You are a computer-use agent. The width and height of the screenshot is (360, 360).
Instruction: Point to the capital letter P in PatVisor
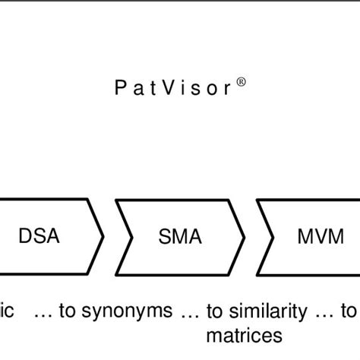pyautogui.click(x=120, y=88)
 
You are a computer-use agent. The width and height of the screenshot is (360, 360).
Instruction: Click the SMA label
pyautogui.click(x=180, y=237)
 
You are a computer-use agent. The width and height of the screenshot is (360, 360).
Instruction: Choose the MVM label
pyautogui.click(x=320, y=237)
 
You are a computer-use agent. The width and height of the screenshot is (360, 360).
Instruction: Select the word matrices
pyautogui.click(x=244, y=334)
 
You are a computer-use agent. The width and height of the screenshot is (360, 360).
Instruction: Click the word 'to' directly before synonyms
pyautogui.click(x=69, y=311)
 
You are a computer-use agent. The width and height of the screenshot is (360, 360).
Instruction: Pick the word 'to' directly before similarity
pyautogui.click(x=217, y=311)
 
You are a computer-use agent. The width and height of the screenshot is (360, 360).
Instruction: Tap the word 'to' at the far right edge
pyautogui.click(x=349, y=311)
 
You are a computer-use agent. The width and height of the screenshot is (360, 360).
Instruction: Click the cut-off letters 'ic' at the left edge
pyautogui.click(x=8, y=311)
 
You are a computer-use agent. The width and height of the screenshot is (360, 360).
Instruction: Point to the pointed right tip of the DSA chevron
pyautogui.click(x=103, y=237)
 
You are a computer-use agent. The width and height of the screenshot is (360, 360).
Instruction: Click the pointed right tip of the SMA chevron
pyautogui.click(x=245, y=237)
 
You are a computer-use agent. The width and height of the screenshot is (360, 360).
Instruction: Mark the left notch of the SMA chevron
pyautogui.click(x=132, y=237)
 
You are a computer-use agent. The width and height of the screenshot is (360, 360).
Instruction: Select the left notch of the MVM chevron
pyautogui.click(x=273, y=237)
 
